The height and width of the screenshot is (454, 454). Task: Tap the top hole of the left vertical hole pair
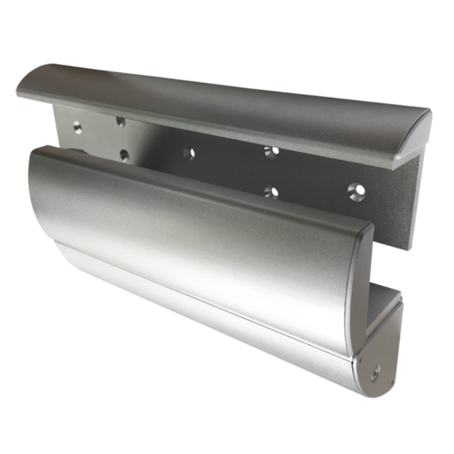(x=121, y=121)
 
